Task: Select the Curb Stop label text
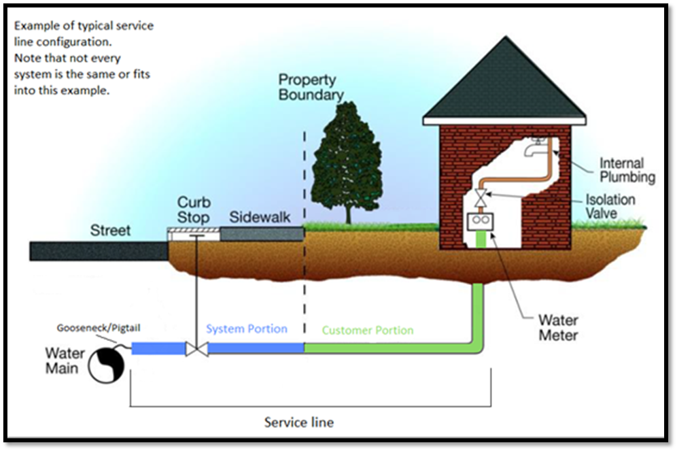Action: point(194,210)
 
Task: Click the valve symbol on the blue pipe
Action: point(196,349)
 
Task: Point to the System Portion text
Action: point(247,329)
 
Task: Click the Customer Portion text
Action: point(367,331)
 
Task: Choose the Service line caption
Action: point(299,422)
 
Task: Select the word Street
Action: point(111,231)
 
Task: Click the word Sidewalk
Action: point(260,218)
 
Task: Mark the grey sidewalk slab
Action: point(262,233)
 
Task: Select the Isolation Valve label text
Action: point(610,207)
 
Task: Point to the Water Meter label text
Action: point(558,327)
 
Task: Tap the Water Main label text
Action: point(65,361)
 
